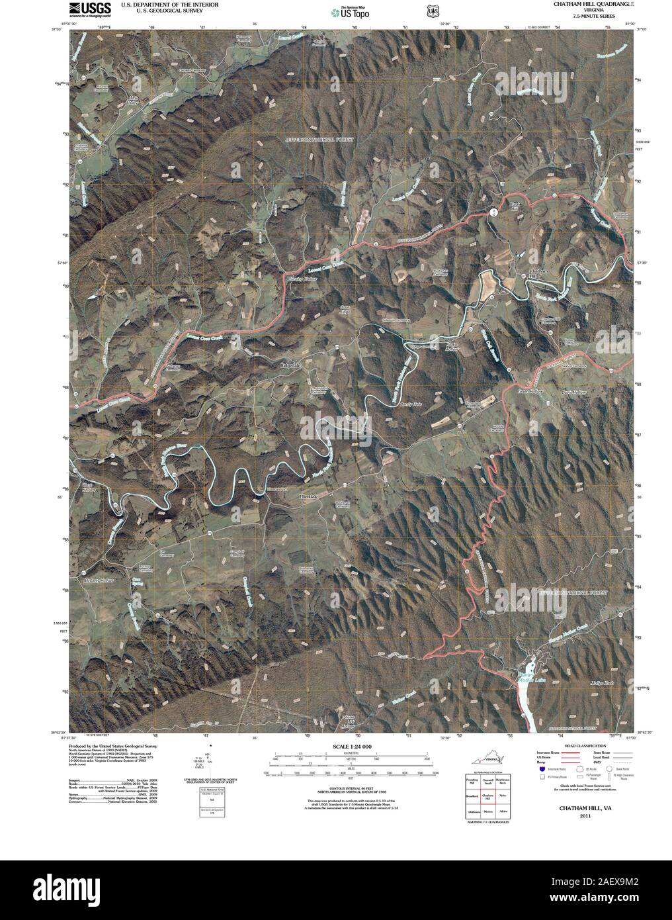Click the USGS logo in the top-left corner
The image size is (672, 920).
point(89,9)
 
